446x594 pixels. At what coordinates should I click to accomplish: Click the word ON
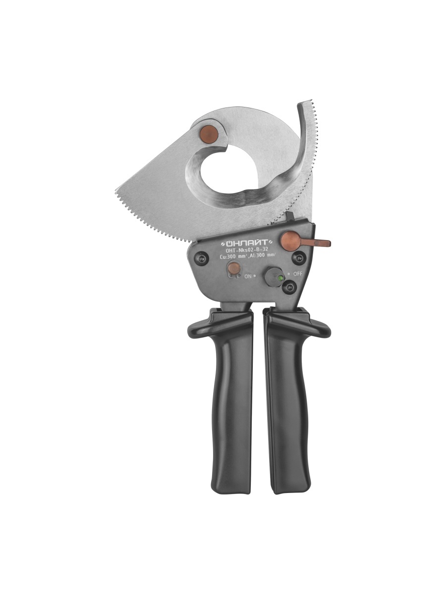coord(248,276)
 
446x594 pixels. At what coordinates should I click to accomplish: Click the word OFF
coord(298,274)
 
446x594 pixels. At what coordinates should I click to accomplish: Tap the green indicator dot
coord(280,278)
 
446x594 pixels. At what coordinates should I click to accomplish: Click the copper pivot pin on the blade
coord(209,134)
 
